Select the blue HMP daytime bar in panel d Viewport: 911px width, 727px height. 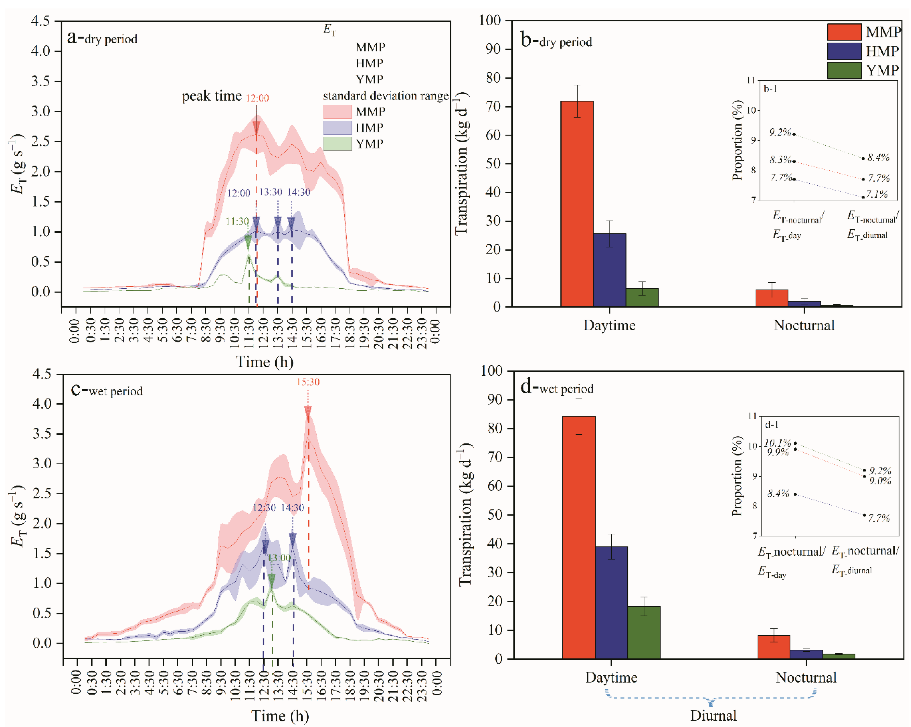coord(611,602)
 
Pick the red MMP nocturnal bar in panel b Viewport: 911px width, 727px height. coord(772,298)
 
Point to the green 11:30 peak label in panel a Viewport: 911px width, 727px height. coord(237,221)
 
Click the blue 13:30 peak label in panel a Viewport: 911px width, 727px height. coord(270,192)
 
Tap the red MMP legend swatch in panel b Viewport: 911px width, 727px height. coord(844,32)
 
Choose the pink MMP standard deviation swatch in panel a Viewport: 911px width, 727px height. coord(337,111)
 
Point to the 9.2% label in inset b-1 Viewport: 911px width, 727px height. coord(780,132)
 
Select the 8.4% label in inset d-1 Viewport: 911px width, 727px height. coord(778,493)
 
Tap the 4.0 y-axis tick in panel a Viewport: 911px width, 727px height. coord(40,51)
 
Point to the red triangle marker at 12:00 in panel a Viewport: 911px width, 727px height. coord(256,127)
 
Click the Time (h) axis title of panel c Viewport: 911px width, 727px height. coord(280,716)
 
